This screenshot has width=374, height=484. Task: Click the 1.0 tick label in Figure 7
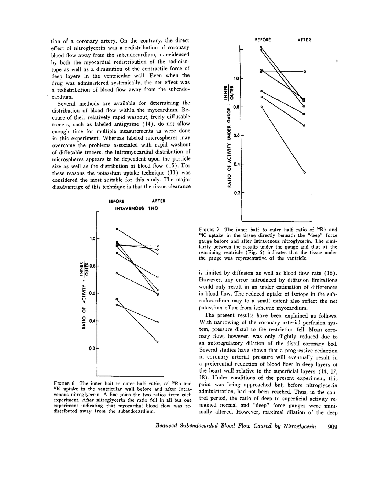pos(236,78)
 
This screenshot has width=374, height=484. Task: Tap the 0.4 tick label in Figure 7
pos(236,164)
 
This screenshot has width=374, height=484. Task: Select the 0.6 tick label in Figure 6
pos(92,293)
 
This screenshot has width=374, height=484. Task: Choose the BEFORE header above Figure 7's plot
pos(263,40)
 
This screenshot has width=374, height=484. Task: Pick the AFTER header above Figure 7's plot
pos(304,40)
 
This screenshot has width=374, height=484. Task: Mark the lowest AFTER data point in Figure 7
pos(305,172)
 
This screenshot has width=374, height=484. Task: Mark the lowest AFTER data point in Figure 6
pos(157,342)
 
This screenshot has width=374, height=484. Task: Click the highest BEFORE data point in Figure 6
pos(117,229)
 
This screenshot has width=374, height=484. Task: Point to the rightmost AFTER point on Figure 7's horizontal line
pos(305,71)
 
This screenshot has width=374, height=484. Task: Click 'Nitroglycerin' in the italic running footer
pos(300,426)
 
